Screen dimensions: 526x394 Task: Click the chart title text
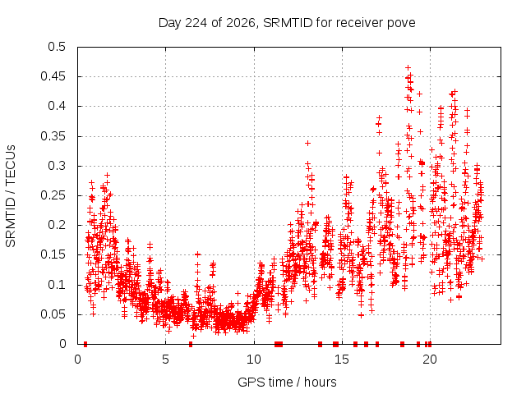click(x=287, y=23)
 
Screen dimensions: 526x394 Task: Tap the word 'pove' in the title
click(x=401, y=24)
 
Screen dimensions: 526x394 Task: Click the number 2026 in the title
click(x=241, y=23)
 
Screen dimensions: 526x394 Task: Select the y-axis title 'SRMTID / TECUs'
click(x=11, y=196)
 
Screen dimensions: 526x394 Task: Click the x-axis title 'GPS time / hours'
click(x=287, y=382)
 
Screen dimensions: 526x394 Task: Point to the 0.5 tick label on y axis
click(x=57, y=47)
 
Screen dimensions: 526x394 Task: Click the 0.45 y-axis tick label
click(x=53, y=76)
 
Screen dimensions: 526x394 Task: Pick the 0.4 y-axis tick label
click(x=57, y=106)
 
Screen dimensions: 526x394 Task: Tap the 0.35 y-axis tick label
click(x=53, y=136)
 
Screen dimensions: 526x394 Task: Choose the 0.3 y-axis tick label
click(x=57, y=166)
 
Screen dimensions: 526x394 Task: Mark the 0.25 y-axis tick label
click(x=53, y=195)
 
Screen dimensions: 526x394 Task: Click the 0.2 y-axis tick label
click(x=57, y=225)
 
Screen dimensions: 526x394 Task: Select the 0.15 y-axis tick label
click(x=53, y=254)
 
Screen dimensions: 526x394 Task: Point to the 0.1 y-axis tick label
click(x=57, y=285)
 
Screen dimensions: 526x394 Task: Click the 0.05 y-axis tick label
click(x=53, y=314)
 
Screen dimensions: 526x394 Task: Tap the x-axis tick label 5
click(x=165, y=360)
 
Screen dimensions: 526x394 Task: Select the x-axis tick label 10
click(x=254, y=360)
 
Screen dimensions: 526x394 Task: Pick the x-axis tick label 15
click(x=342, y=360)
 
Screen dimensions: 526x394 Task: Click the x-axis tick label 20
click(x=430, y=360)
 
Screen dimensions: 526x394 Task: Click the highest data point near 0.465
click(x=408, y=67)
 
